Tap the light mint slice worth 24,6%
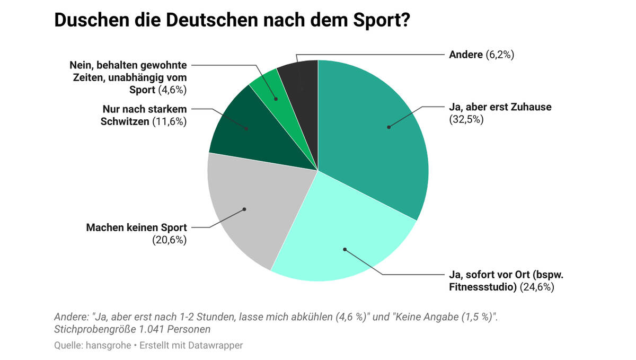tap(339, 239)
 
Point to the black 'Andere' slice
tap(299, 80)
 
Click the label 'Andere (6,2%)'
tap(481, 54)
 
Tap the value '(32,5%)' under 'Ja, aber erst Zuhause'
tap(466, 119)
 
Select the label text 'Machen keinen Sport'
tap(136, 228)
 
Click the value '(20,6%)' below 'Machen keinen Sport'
tap(170, 240)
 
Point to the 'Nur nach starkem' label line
tap(145, 109)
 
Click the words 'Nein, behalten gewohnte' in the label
tap(128, 65)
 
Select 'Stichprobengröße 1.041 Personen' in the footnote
tap(132, 329)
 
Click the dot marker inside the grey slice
tap(244, 209)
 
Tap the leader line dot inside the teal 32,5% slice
tap(388, 127)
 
